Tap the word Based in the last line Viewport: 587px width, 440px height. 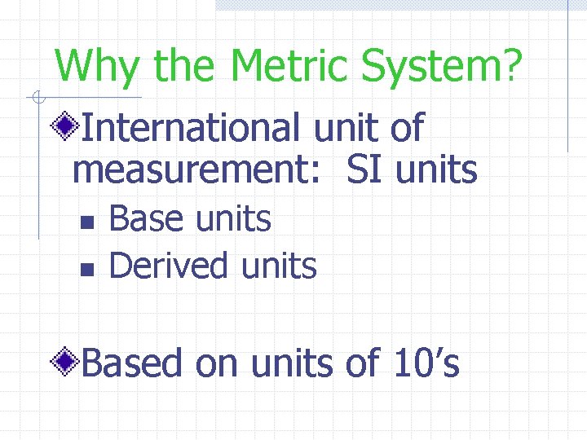click(132, 363)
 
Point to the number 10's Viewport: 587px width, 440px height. click(426, 363)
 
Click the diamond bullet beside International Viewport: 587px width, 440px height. click(65, 127)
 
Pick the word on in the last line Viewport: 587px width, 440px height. click(215, 364)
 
